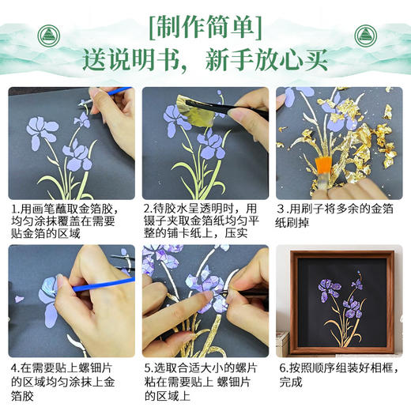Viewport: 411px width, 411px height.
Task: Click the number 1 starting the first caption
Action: (x=13, y=209)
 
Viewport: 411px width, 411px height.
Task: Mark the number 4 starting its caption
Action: (x=13, y=368)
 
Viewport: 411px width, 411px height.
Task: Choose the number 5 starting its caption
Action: (x=146, y=368)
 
